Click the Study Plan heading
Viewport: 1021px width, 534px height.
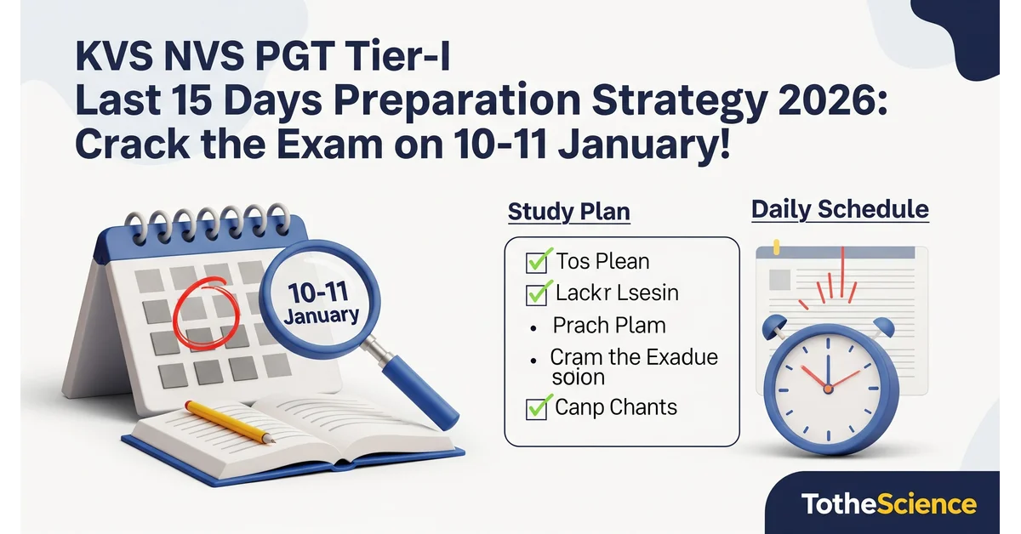click(568, 211)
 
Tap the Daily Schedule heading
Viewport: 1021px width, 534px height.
click(840, 209)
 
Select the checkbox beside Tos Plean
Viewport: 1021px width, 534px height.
click(537, 261)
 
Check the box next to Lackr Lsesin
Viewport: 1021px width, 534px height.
click(537, 293)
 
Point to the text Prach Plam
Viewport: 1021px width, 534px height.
click(608, 325)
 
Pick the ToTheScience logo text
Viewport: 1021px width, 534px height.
click(888, 503)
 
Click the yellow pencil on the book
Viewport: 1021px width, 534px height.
click(230, 422)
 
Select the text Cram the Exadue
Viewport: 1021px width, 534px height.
click(634, 356)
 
